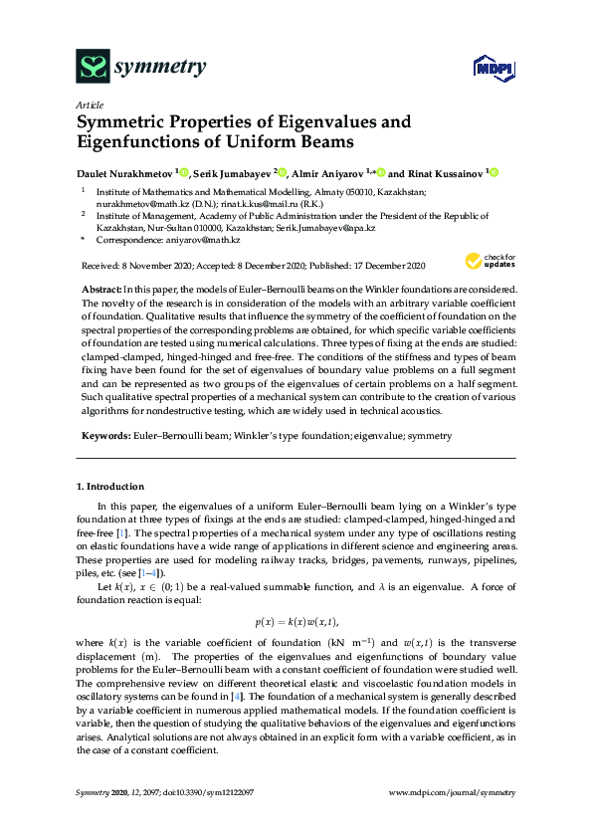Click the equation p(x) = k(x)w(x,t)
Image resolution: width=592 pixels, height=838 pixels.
click(296, 622)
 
